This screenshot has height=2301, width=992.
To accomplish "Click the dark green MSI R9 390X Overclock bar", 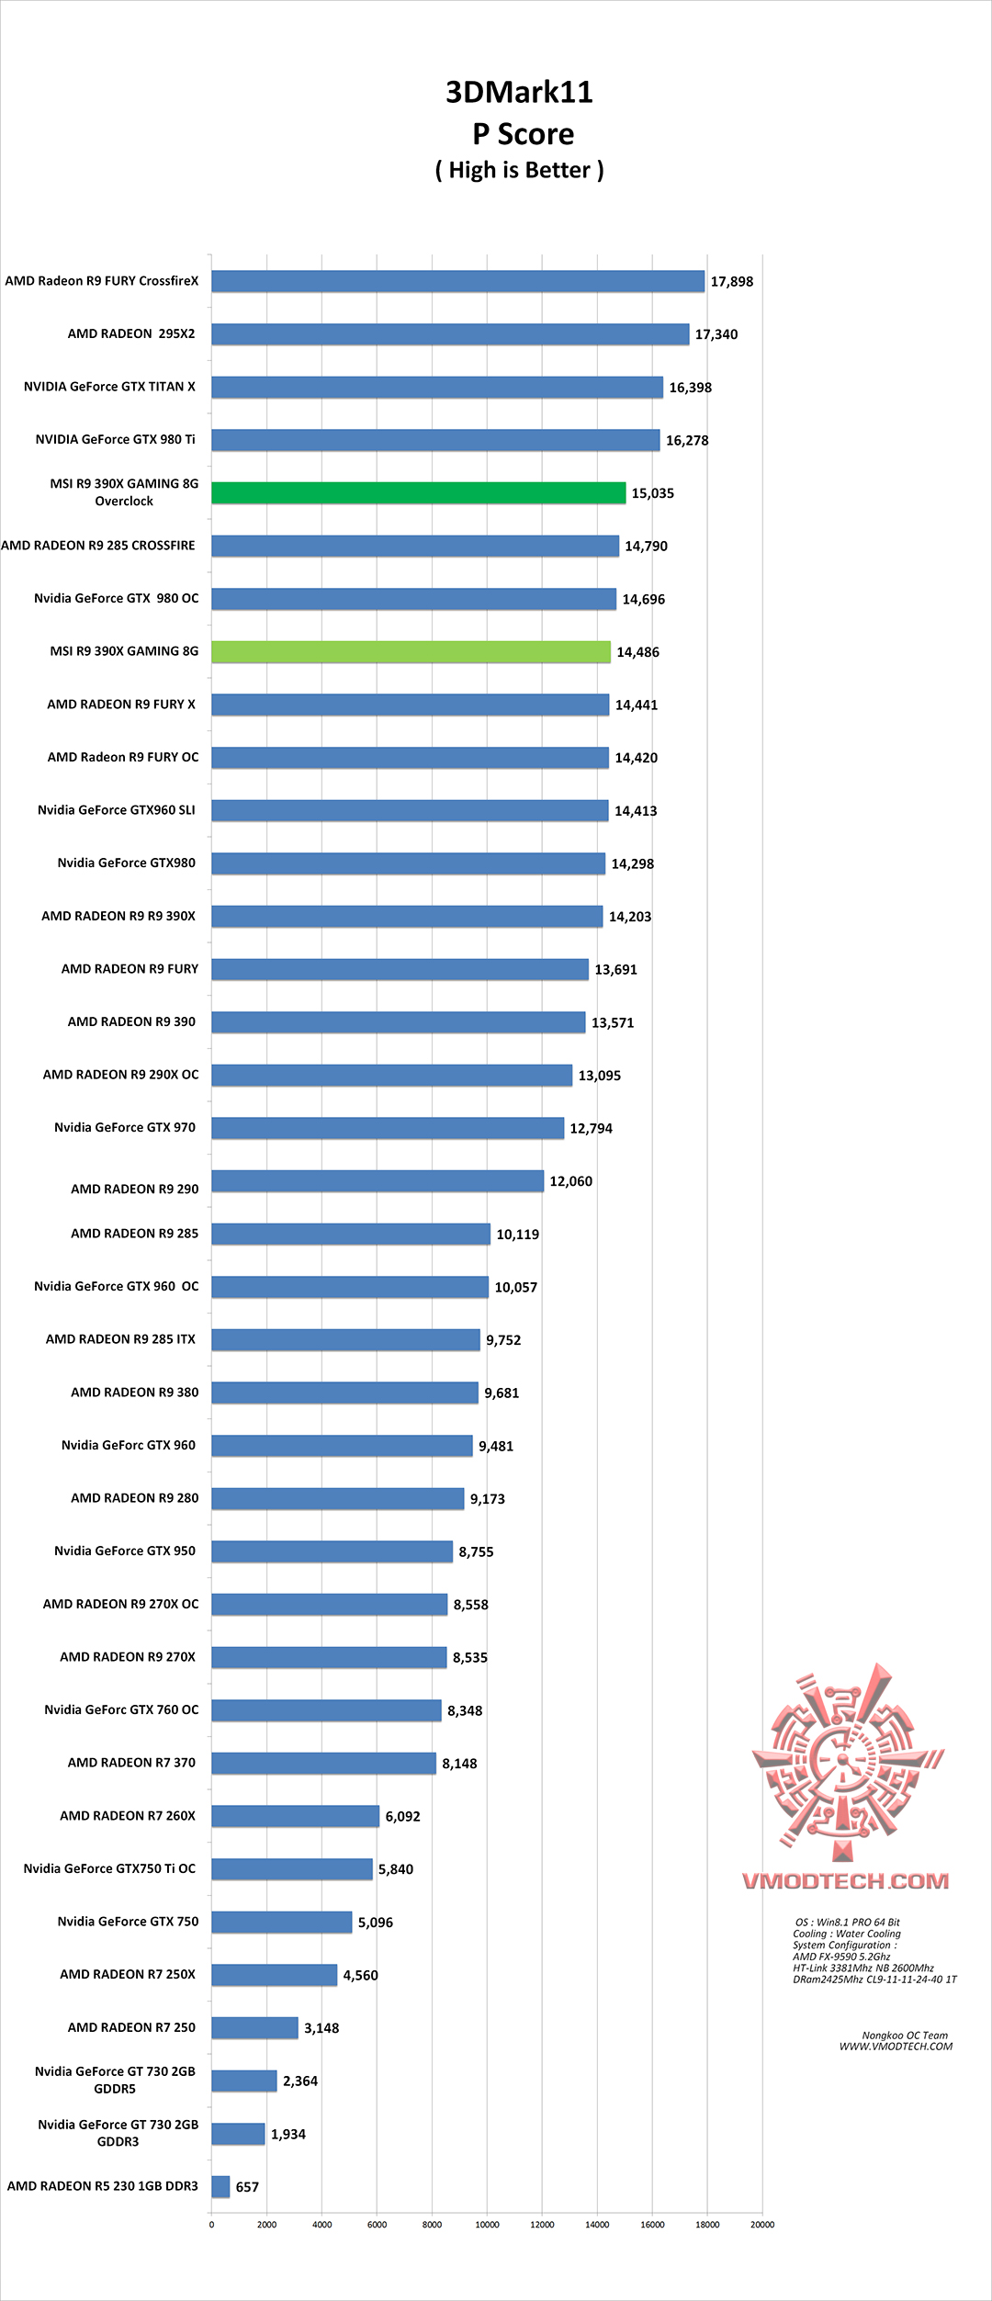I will coord(418,493).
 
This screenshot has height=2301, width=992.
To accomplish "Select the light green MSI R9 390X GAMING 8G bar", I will coord(411,652).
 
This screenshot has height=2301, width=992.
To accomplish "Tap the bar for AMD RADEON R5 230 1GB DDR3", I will coord(220,2187).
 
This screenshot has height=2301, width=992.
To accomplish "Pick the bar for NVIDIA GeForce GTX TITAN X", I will coord(437,388).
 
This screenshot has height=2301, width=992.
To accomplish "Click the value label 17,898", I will coord(731,282).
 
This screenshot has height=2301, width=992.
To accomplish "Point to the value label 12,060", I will coord(570,1181).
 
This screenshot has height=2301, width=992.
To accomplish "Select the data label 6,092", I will coord(402,1816).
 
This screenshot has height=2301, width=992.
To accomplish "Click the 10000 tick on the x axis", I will coord(487,2225).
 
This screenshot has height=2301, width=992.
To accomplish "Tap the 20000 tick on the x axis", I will coord(762,2225).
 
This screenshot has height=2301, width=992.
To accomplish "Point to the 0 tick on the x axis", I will coord(211,2225).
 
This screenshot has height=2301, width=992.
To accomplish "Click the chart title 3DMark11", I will coord(519,92).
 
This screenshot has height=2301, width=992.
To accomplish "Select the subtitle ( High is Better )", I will coord(519,171).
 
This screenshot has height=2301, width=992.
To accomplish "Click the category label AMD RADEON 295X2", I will coord(131,333).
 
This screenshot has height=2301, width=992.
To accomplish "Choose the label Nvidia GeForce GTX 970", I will coord(125,1127).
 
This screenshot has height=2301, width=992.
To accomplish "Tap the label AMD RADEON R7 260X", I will coord(128,1815).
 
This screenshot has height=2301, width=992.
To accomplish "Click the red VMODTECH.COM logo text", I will coord(845,1881).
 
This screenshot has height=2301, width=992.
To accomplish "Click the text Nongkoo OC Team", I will coord(905,2036).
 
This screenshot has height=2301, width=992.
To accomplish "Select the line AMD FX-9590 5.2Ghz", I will coord(841,1957).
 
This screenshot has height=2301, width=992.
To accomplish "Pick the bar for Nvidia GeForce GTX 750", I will coord(281,1922).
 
